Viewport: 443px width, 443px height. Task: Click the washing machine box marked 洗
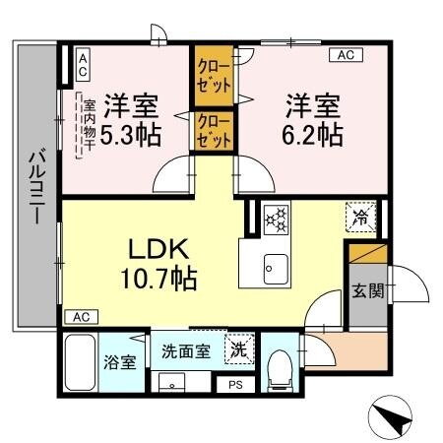(236, 348)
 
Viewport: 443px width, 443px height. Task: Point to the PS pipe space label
(234, 385)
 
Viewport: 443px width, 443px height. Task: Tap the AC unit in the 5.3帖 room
(83, 66)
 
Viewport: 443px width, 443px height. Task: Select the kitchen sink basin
(273, 266)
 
